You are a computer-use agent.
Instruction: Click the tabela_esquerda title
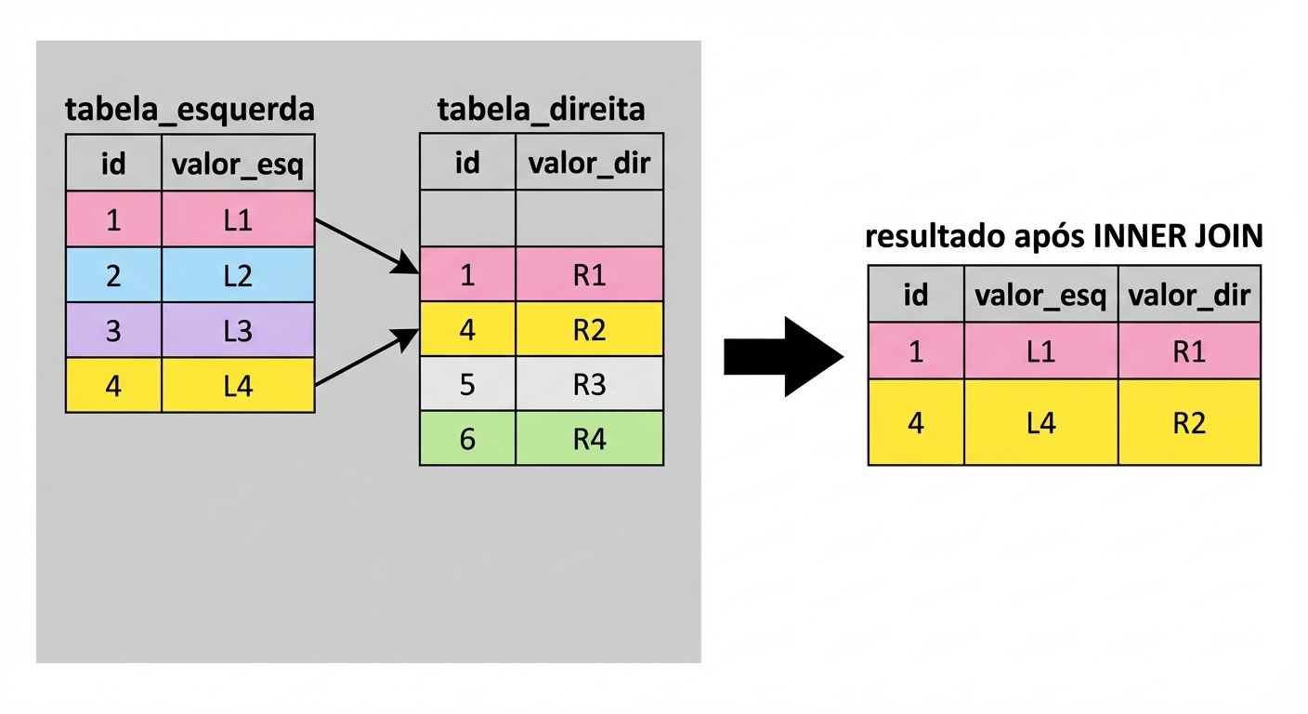(x=190, y=110)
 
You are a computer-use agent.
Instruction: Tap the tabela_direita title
(x=541, y=110)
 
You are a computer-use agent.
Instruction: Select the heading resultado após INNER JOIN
(x=1064, y=237)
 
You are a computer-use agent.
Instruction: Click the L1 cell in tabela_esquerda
(x=238, y=220)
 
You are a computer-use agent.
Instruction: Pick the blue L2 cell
(x=238, y=275)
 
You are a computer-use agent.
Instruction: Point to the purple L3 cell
(x=238, y=330)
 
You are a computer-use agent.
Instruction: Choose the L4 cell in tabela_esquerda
(x=238, y=385)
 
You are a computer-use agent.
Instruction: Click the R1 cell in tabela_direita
(x=589, y=275)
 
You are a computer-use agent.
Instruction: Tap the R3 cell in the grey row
(x=589, y=383)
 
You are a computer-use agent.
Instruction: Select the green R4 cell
(x=589, y=438)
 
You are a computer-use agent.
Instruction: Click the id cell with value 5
(x=467, y=383)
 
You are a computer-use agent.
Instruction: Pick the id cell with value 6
(x=467, y=438)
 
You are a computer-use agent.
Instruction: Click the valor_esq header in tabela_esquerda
(x=238, y=165)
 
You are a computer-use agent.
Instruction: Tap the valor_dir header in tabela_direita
(x=589, y=163)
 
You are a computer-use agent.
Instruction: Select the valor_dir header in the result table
(x=1189, y=295)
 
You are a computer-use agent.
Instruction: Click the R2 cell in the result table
(x=1189, y=422)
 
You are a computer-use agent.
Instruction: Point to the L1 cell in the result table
(x=1040, y=351)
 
